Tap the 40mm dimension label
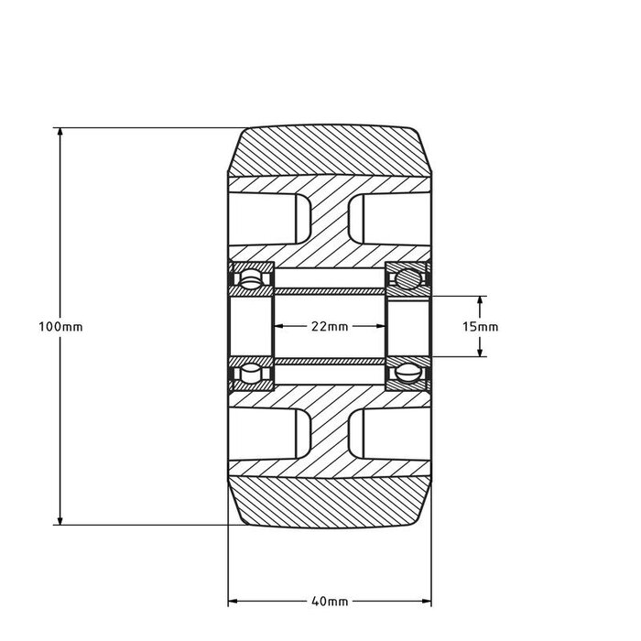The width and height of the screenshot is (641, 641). (x=330, y=602)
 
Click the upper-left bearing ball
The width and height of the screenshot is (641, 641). (x=249, y=277)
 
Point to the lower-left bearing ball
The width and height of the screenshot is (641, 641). (x=249, y=375)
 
